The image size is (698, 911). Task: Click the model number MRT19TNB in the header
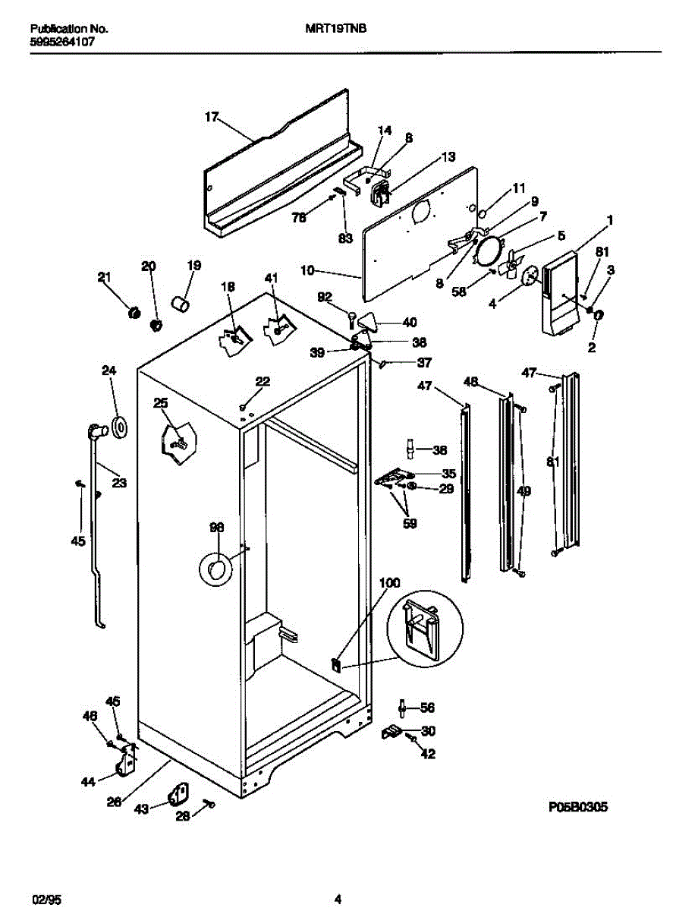point(329,30)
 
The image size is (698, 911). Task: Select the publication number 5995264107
point(62,43)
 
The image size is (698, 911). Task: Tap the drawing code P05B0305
point(579,807)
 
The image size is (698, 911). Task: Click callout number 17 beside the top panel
point(212,117)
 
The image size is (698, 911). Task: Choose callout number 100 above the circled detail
point(389,583)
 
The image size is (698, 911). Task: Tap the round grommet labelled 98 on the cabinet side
point(215,568)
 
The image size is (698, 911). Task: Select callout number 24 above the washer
point(109,370)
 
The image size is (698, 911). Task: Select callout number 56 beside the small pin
point(427,708)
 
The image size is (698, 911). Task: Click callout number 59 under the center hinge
point(410,522)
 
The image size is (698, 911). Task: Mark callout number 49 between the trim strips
point(523,491)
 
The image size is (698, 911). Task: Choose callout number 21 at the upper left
point(104,277)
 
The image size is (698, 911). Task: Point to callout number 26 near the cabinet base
point(114,800)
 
